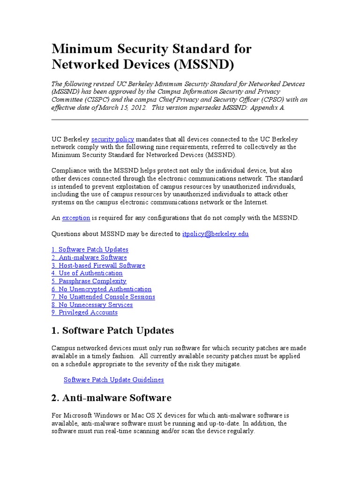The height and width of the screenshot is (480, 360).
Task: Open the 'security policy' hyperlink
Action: [x=112, y=139]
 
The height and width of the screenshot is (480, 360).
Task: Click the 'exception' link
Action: [x=76, y=217]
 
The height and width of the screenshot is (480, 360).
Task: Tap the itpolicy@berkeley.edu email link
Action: [x=215, y=233]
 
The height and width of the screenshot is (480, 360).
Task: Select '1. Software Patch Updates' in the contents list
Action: [x=90, y=249]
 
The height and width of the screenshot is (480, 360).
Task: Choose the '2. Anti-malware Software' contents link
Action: [x=89, y=257]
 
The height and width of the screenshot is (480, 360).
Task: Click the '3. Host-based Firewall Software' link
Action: [x=98, y=265]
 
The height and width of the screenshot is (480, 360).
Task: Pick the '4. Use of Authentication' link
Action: [x=87, y=273]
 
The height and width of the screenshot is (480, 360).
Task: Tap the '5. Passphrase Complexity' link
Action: [x=89, y=281]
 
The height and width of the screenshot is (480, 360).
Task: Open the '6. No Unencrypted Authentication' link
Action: [x=101, y=289]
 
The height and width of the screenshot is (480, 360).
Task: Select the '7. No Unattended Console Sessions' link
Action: [x=103, y=297]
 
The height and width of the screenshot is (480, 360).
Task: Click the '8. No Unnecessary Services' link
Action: [x=92, y=305]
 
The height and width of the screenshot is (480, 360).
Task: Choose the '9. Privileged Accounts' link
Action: [x=84, y=312]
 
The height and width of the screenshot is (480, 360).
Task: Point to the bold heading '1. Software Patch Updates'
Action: [x=112, y=330]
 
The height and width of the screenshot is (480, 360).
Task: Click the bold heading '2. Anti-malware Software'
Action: [x=111, y=398]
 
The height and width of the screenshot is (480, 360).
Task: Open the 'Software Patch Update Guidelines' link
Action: [x=114, y=380]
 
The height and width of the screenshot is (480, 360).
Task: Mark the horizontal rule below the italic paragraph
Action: [x=180, y=120]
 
